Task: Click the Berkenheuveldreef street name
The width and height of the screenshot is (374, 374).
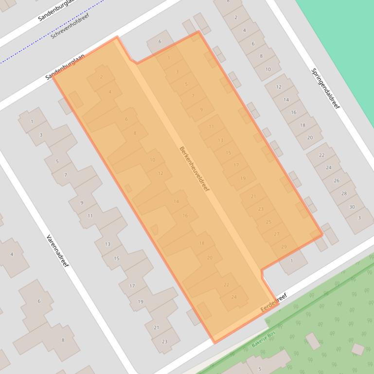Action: click(194, 169)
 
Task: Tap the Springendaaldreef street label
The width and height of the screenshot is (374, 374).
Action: click(325, 88)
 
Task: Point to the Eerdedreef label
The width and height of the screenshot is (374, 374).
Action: click(274, 302)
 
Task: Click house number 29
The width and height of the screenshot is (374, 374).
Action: click(284, 247)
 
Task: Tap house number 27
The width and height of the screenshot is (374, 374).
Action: click(277, 234)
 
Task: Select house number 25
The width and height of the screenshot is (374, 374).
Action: click(269, 222)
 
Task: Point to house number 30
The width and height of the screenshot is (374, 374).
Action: click(352, 206)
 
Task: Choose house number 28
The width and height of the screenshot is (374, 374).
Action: click(344, 193)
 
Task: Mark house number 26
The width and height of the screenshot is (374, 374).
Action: click(337, 181)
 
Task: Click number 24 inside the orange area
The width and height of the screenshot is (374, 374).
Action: click(234, 297)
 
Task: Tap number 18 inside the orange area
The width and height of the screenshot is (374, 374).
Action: click(202, 243)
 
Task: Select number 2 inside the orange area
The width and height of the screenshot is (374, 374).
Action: click(101, 77)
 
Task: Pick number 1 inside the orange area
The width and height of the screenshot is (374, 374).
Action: click(169, 58)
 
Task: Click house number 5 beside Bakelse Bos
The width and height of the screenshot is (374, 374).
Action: click(260, 369)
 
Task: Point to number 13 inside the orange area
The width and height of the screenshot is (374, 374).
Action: click(220, 140)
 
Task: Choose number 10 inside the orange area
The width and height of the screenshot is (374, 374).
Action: click(152, 160)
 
